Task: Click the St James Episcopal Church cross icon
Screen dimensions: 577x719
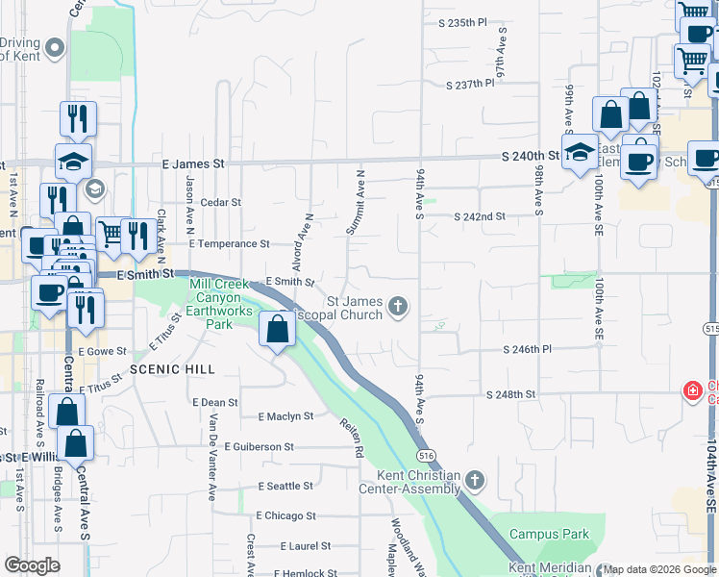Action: (x=398, y=308)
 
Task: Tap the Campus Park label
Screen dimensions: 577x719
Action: (x=549, y=534)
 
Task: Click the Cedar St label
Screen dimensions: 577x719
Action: (x=220, y=203)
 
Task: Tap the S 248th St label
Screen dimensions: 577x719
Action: (x=509, y=395)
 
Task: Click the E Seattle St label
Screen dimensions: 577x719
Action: (x=284, y=487)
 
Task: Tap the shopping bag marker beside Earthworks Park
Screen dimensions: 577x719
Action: (x=277, y=330)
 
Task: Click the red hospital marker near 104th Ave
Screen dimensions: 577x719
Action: (x=691, y=390)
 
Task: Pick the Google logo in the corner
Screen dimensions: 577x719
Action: (x=33, y=565)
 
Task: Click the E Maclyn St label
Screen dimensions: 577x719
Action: (x=286, y=416)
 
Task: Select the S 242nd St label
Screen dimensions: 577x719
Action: (x=479, y=217)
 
